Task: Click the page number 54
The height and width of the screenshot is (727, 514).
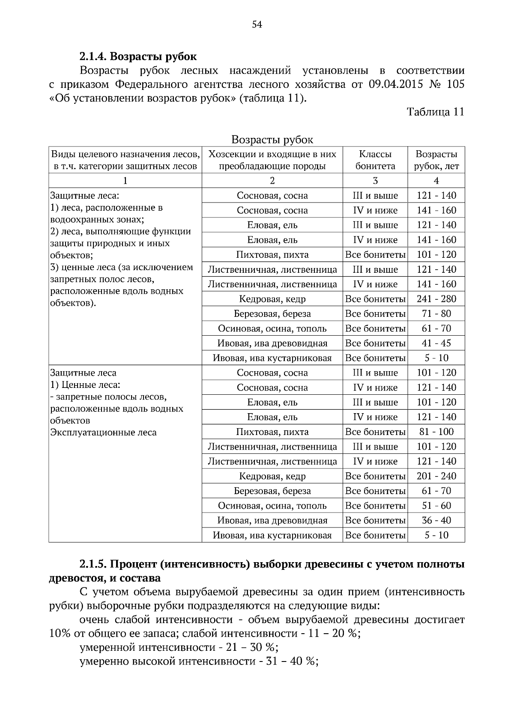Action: [257, 25]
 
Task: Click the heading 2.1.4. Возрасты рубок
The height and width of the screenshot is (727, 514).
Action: [138, 57]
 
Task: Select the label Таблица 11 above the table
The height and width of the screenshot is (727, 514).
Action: [435, 112]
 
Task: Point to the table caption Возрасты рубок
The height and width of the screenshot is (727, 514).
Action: [272, 140]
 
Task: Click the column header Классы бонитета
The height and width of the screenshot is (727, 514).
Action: [375, 160]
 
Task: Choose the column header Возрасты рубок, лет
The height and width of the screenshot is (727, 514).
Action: [436, 160]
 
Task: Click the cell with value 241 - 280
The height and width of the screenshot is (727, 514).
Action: [436, 299]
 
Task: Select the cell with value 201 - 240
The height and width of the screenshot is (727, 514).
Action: [436, 476]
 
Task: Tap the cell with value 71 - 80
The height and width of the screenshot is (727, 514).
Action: [436, 314]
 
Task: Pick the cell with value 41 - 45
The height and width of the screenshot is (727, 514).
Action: [436, 343]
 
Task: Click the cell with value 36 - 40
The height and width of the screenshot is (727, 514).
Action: [436, 521]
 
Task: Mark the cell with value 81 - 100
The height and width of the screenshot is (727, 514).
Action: [436, 432]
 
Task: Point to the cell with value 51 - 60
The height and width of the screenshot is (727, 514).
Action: [436, 506]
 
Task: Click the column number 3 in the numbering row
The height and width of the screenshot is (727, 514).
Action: [375, 181]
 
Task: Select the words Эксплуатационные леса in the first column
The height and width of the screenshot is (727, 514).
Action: [103, 432]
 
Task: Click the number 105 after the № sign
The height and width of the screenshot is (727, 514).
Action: [455, 84]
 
